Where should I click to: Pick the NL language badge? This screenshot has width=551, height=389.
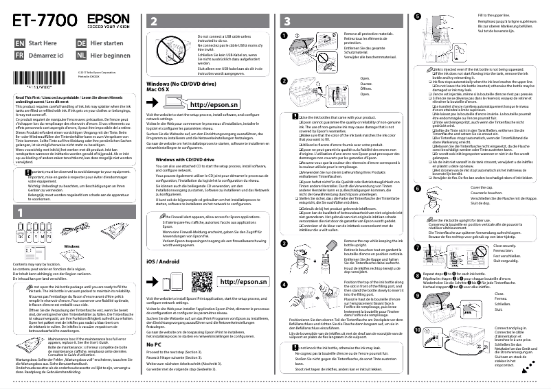[x=82, y=54]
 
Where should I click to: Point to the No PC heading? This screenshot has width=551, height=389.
[x=155, y=344]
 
